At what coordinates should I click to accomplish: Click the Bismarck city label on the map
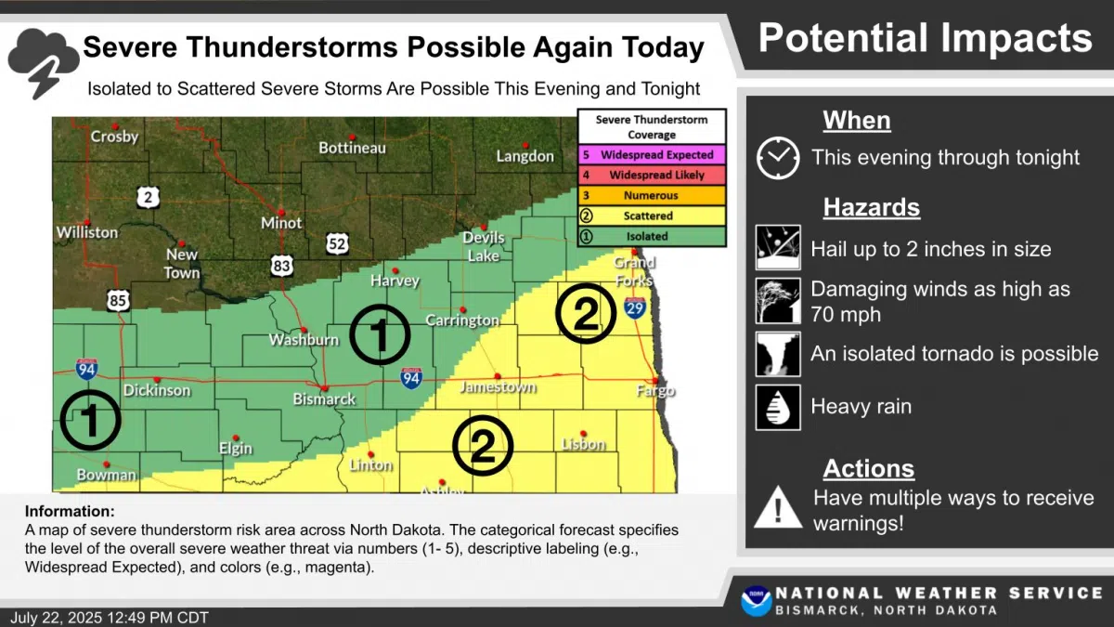324,399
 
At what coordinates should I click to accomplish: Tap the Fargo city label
655,391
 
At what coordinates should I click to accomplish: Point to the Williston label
87,232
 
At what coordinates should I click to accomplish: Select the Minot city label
281,223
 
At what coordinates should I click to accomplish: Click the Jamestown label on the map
499,386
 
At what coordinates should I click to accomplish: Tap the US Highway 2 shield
148,197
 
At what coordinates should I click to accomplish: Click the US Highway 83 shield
282,266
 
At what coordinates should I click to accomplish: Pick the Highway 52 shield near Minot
338,244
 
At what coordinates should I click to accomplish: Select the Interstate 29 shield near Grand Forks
635,308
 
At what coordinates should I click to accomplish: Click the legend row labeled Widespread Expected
651,155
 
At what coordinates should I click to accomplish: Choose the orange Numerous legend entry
651,196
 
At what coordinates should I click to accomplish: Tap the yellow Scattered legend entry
651,216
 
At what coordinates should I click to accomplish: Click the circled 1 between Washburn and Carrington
380,334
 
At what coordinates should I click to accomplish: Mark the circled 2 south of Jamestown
482,447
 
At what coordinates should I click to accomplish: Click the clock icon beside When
777,157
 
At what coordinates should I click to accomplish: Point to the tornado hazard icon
777,354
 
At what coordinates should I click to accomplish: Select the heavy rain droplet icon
777,407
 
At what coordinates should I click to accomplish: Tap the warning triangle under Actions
777,509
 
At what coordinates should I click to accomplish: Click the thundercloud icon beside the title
43,60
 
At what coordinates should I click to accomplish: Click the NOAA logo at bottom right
756,601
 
